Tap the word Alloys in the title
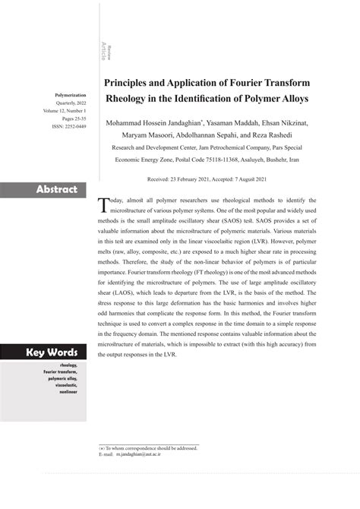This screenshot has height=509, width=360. tap(296, 99)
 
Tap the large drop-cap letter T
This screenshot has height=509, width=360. tap(104, 206)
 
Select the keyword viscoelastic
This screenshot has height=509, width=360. tap(63, 385)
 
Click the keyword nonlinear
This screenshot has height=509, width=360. tap(66, 394)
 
